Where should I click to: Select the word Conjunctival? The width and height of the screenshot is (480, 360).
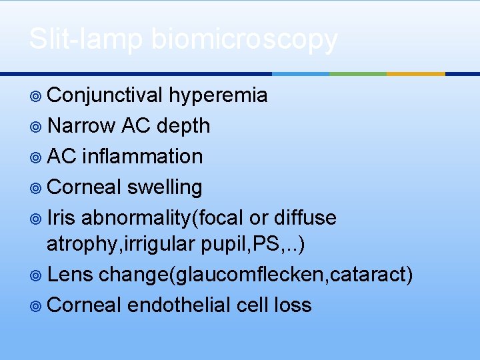105,96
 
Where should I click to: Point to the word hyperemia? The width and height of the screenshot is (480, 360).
218,96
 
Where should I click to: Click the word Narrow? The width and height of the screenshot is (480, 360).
82,126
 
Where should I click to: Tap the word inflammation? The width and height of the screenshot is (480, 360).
142,156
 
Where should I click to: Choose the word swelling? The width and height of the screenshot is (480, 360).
164,187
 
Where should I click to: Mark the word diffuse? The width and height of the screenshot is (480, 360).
305,217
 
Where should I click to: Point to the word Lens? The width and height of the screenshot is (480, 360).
71,274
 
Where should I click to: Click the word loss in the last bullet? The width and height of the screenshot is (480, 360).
293,305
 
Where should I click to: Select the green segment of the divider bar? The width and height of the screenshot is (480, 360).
358,73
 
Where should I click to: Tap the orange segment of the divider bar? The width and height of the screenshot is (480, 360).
416,73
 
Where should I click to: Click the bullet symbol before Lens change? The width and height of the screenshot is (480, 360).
37,275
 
